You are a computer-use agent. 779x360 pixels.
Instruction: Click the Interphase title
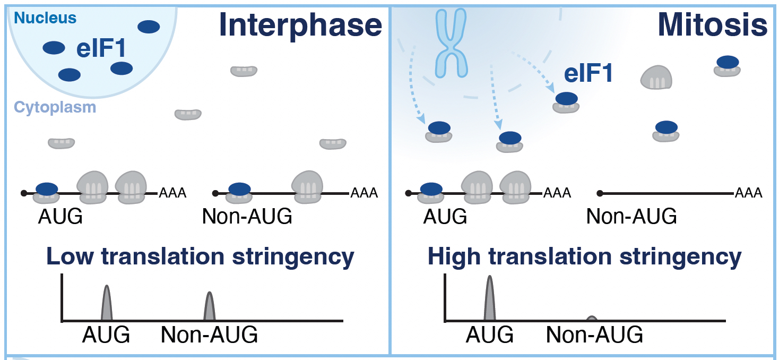[300, 25]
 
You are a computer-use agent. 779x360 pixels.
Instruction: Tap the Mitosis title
[712, 25]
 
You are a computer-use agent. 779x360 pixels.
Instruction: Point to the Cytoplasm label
[55, 107]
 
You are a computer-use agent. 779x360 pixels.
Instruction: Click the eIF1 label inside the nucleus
[101, 49]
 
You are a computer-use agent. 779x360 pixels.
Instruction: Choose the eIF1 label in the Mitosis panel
[588, 73]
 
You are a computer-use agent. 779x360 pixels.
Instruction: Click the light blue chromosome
[451, 43]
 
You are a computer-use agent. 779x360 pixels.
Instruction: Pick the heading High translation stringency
[584, 256]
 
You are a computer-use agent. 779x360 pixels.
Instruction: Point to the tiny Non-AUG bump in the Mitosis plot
[592, 319]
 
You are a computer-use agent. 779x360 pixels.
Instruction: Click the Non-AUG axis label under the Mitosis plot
[594, 335]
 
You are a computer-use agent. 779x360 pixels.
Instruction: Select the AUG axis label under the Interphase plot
[106, 335]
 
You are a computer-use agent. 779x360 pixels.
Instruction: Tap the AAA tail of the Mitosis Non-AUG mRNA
[749, 193]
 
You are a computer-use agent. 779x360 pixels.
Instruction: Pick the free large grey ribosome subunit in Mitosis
[656, 78]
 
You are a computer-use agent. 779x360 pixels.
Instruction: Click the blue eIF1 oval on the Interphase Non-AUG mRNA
[239, 188]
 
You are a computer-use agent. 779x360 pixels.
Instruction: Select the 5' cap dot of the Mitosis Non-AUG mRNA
[600, 193]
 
